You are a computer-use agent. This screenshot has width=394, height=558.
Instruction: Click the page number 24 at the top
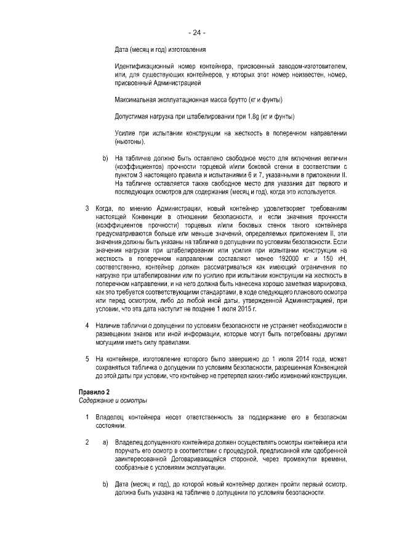[x=196, y=33]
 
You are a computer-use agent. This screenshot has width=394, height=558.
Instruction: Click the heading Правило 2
[x=94, y=393]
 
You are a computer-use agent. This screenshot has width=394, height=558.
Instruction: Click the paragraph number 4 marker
[x=87, y=325]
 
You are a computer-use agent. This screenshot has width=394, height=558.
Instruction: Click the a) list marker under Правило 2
[x=105, y=443]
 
